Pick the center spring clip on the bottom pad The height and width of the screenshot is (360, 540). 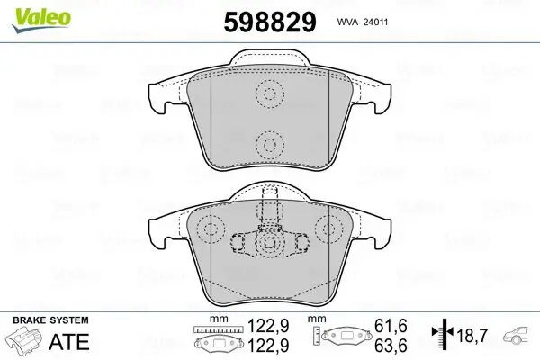(x=268, y=243)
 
